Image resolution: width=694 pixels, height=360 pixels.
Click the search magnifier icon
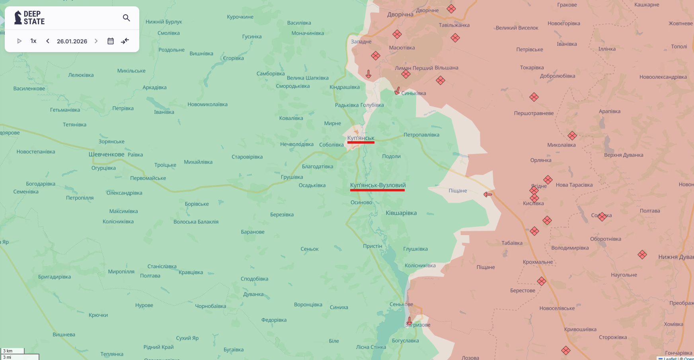pyautogui.click(x=127, y=18)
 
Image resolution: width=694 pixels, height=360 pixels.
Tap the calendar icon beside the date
pyautogui.click(x=111, y=41)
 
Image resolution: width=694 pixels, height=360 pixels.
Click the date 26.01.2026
pyautogui.click(x=72, y=41)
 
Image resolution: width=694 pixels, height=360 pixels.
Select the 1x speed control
pyautogui.click(x=33, y=41)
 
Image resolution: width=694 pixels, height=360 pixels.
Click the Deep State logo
pyautogui.click(x=29, y=18)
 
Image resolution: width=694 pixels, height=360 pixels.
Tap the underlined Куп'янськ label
pyautogui.click(x=361, y=138)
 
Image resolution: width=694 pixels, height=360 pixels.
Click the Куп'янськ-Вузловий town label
pyautogui.click(x=378, y=185)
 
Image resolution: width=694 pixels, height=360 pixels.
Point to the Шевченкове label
pyautogui.click(x=106, y=154)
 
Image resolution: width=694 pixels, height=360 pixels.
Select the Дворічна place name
pyautogui.click(x=400, y=14)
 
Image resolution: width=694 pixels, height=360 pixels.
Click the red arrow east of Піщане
pyautogui.click(x=488, y=195)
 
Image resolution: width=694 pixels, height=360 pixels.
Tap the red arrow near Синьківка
pyautogui.click(x=397, y=91)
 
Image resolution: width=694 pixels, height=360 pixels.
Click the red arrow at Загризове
pyautogui.click(x=409, y=321)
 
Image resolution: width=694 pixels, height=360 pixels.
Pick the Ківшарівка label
pyautogui.click(x=401, y=213)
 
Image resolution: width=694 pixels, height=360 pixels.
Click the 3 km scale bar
pyautogui.click(x=13, y=351)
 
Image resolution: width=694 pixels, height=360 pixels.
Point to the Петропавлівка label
pyautogui.click(x=421, y=135)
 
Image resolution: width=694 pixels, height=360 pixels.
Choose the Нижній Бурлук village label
pyautogui.click(x=164, y=22)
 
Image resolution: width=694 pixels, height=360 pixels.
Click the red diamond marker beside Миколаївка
pyautogui.click(x=572, y=136)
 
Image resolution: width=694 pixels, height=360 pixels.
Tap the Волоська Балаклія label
pyautogui.click(x=196, y=222)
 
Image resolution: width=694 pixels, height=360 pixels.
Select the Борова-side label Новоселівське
pyautogui.click(x=557, y=308)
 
